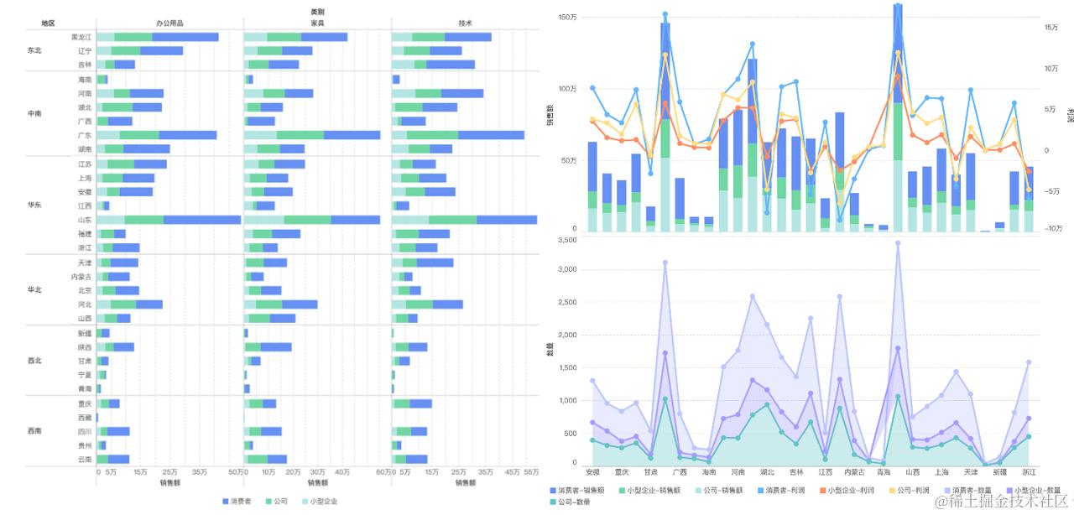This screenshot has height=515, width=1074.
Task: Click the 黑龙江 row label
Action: click(81, 37)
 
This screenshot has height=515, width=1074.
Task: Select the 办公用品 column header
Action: click(169, 23)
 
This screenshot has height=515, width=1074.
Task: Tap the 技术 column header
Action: click(465, 23)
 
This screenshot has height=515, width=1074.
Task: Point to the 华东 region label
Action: click(34, 205)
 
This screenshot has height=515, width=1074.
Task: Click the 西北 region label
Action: click(34, 361)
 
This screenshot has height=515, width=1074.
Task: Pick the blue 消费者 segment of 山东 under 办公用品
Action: click(202, 220)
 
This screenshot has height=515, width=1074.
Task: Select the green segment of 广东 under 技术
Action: click(433, 135)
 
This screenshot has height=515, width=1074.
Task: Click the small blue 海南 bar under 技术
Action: click(396, 80)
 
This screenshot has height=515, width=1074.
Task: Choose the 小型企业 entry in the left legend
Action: click(323, 502)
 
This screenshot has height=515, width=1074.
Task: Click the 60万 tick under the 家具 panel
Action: click(383, 473)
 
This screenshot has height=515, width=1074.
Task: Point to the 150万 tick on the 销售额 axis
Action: click(567, 18)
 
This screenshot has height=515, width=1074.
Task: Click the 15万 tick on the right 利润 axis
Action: click(1051, 28)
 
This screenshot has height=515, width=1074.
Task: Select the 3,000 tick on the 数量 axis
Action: click(566, 270)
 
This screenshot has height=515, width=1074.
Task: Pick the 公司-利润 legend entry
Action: click(907, 491)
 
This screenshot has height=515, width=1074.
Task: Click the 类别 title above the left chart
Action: click(317, 12)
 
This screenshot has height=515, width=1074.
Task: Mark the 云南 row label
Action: click(84, 459)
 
